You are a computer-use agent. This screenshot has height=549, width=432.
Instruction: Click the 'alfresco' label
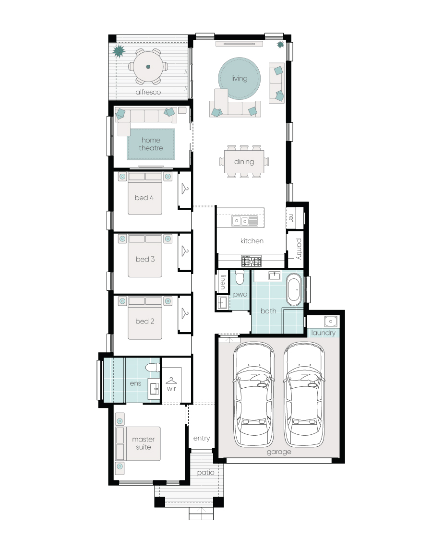coord(148,92)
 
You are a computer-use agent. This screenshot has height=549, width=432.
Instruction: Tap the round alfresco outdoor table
coord(148,67)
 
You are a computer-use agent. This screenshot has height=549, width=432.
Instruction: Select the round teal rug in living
coord(239,78)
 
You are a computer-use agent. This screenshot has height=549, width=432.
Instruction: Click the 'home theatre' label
coord(151,144)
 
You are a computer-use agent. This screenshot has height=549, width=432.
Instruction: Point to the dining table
coord(244,162)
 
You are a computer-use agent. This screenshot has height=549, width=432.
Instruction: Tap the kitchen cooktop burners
coord(251,261)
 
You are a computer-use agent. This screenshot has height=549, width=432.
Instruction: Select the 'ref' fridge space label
coord(291,218)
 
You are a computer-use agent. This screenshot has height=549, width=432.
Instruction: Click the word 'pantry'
coord(299,249)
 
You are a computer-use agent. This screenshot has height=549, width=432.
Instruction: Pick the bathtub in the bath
coord(294,289)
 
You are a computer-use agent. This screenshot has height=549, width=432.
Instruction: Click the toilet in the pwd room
coord(240,276)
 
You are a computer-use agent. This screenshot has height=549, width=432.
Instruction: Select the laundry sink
coord(330,322)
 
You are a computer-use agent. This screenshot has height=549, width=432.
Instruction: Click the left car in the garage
coord(254,394)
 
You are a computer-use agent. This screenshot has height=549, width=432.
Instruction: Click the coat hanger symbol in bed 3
coord(185,251)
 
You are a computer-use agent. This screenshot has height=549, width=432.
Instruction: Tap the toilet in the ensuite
coord(153,367)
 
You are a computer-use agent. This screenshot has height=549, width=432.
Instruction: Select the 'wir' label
coord(171,389)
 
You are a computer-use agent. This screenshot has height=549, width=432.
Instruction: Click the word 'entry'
coord(202,438)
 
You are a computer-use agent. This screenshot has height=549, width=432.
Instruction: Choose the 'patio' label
coord(205,473)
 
